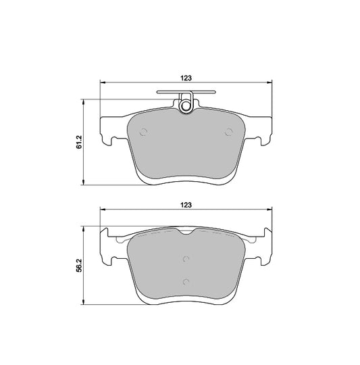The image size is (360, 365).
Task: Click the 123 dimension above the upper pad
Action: point(186,78)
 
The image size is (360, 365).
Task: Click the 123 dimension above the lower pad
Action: point(186,203)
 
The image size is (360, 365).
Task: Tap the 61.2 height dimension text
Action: point(79,141)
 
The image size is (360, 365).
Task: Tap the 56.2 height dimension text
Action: point(79,266)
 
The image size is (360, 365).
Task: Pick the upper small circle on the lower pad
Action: point(186,257)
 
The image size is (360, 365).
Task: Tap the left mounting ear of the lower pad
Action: point(109,247)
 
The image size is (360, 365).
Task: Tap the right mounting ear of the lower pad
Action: point(264,247)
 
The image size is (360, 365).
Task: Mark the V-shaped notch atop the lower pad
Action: point(186,233)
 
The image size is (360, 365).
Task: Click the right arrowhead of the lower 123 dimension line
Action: point(269,210)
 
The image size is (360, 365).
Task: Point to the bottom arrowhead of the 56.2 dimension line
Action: point(84,302)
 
